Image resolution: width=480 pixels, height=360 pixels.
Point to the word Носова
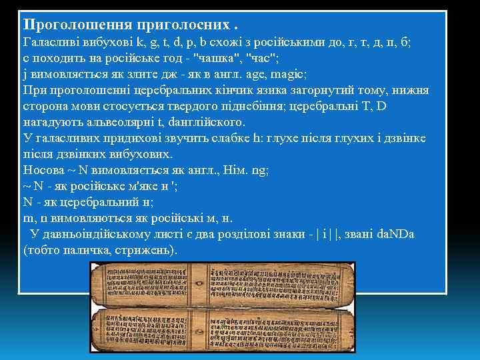[43, 171]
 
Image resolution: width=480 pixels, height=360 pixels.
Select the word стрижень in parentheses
[144, 251]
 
